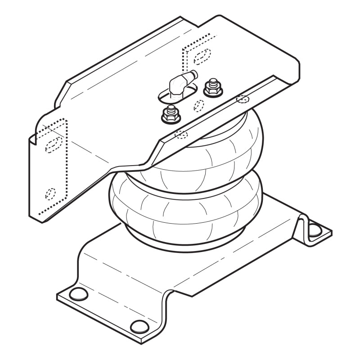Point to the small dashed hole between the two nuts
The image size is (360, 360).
198,105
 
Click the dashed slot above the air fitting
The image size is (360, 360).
201,55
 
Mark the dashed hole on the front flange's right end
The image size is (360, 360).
243,99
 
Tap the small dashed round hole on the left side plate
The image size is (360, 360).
51,193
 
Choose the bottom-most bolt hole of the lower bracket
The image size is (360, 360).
139,326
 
